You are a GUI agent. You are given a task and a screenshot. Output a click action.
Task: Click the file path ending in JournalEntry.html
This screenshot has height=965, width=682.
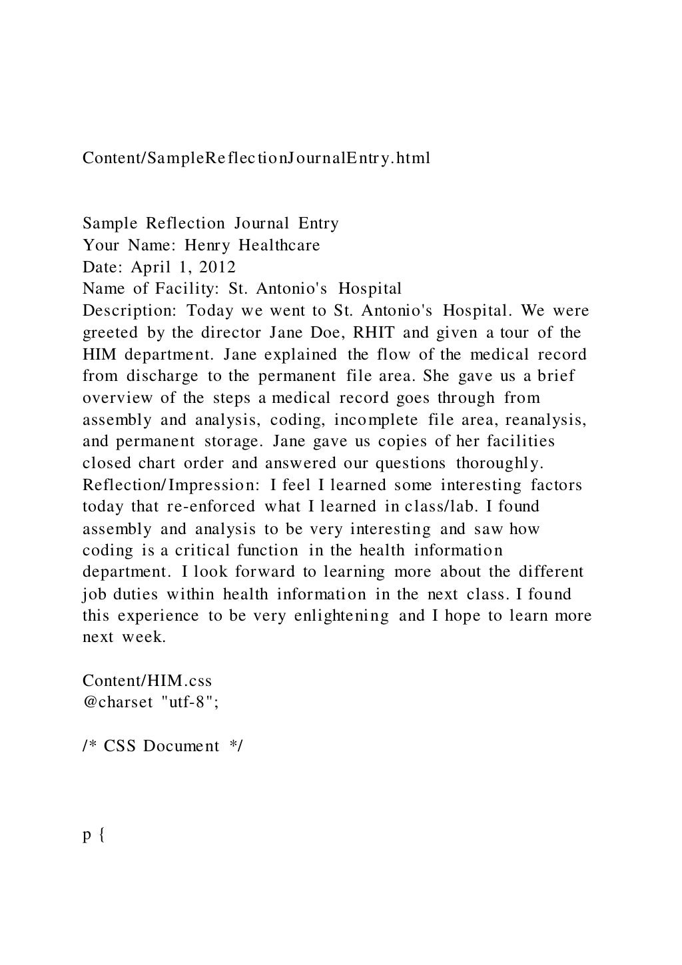256,159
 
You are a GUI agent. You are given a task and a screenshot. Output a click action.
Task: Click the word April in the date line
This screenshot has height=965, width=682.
151,267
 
